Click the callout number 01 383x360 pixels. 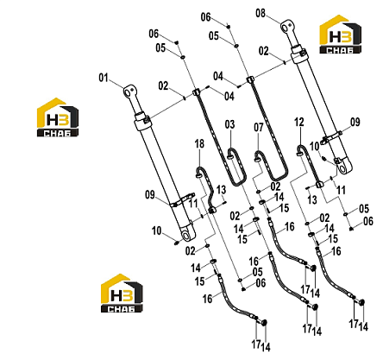(104, 78)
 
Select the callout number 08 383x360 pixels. (261, 13)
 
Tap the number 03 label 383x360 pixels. (229, 124)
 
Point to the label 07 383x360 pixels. (259, 127)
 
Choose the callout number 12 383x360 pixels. (299, 122)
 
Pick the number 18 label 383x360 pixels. (199, 144)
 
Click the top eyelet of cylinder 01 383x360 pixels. (129, 91)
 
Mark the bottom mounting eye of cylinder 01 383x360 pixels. (188, 235)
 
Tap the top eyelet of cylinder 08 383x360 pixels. (286, 26)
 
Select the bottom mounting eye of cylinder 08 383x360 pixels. (344, 167)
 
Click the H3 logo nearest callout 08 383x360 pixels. (340, 35)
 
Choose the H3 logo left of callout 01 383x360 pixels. (58, 117)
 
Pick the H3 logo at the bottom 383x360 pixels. (122, 294)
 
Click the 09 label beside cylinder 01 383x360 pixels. (150, 195)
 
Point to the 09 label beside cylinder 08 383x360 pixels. (355, 122)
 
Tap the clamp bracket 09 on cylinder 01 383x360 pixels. (182, 200)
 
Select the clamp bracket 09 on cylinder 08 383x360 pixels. (331, 137)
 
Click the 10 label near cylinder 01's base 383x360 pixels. (157, 231)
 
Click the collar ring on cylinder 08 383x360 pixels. (298, 54)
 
